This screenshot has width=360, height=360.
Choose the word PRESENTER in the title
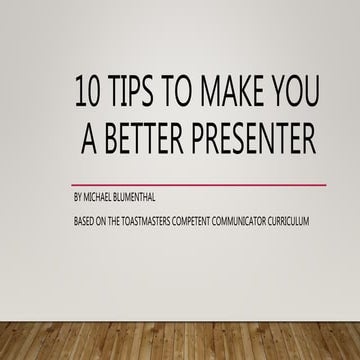pyautogui.click(x=255, y=141)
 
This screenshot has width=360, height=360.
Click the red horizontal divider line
pyautogui.click(x=200, y=185)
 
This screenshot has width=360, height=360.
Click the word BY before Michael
pyautogui.click(x=78, y=198)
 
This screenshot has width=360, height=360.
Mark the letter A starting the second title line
pyautogui.click(x=87, y=141)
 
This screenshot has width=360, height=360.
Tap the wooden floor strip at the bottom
pyautogui.click(x=180, y=340)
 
